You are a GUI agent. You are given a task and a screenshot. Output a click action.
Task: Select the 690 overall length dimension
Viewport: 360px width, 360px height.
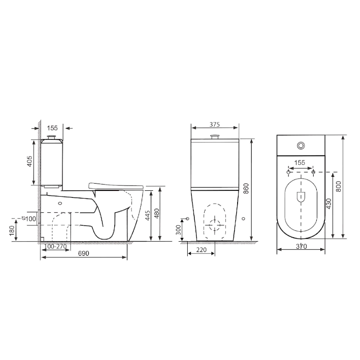pyautogui.click(x=84, y=254)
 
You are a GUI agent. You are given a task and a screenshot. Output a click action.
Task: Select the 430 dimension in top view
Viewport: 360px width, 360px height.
pyautogui.click(x=328, y=204)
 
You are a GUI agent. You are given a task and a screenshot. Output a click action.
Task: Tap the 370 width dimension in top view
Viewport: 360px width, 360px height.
pyautogui.click(x=301, y=246)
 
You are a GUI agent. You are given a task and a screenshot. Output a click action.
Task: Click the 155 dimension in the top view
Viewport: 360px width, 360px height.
pyautogui.click(x=300, y=162)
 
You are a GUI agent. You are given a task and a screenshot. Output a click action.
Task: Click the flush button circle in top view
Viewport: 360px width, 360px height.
pyautogui.click(x=301, y=146)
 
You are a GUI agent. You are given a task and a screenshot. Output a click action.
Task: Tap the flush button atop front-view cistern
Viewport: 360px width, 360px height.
pyautogui.click(x=215, y=136)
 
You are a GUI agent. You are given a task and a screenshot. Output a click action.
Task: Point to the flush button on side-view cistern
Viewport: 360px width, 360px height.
pyautogui.click(x=52, y=135)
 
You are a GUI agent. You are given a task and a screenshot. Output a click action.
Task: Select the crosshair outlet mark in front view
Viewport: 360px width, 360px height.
pyautogui.click(x=215, y=224)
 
